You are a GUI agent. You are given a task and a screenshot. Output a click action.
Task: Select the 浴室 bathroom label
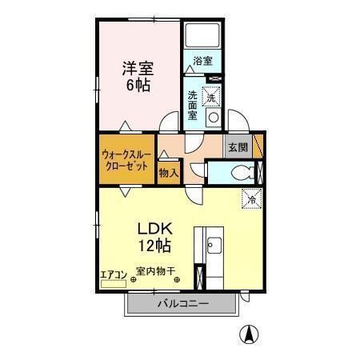point(202,61)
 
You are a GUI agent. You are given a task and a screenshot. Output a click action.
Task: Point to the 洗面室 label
point(193,104)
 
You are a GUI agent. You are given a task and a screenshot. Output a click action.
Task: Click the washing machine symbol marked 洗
point(212,96)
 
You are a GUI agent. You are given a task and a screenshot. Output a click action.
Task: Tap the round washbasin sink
point(214,118)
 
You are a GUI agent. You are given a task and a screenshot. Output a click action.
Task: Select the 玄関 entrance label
point(238,147)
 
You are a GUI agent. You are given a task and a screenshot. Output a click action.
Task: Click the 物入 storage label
point(168,173)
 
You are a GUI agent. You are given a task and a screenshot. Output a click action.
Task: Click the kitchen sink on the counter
point(214,245)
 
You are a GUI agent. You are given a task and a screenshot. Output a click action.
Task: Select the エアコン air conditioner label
point(113,274)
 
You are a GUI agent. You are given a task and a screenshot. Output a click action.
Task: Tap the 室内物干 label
point(157,271)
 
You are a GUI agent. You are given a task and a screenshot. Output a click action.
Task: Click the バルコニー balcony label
point(182,304)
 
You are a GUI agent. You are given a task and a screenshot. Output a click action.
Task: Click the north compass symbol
point(251,334)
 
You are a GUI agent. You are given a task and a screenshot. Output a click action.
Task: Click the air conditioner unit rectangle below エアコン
point(112,282)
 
